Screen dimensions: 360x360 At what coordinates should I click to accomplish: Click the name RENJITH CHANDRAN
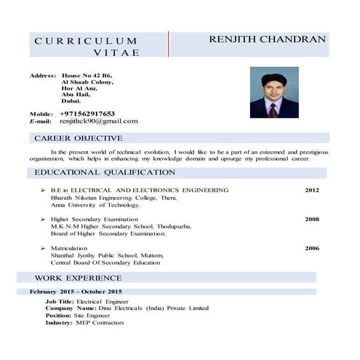pos(267,39)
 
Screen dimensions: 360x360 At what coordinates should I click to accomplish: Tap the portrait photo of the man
pos(273,92)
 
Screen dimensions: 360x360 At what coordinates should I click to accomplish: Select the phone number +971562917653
pos(87,113)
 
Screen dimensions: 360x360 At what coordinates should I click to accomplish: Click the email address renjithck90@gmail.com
pos(99,121)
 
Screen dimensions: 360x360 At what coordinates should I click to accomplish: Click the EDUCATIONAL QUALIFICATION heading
pos(105,172)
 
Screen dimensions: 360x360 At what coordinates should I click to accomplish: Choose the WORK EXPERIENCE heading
pos(79,278)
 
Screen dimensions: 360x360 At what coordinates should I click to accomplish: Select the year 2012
pos(311,190)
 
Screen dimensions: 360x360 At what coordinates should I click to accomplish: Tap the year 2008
pos(311,219)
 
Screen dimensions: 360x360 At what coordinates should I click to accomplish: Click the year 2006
pos(311,248)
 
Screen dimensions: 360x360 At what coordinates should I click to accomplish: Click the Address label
pos(42,76)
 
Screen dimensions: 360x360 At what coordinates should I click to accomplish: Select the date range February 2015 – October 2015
pos(81,292)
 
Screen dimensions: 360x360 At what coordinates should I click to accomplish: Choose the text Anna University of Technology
pos(95,204)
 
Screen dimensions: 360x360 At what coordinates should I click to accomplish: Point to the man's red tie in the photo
pos(272,109)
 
